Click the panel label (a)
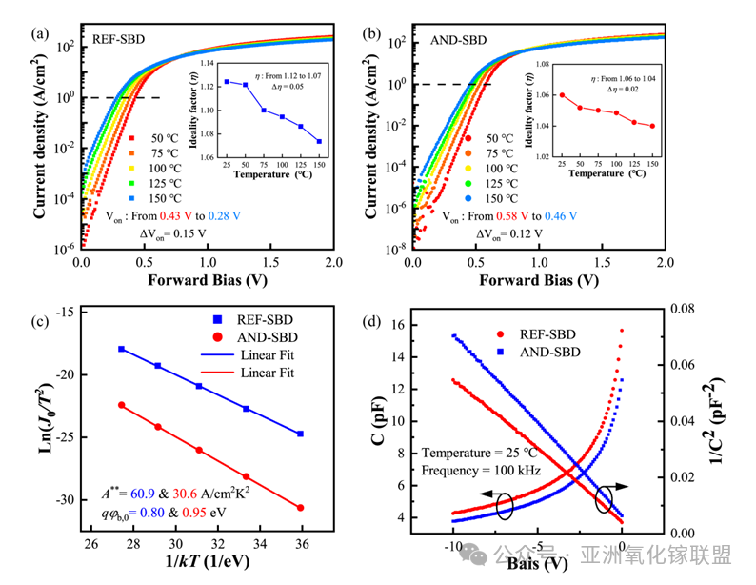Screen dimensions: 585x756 point(41,35)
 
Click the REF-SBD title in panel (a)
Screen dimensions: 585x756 point(120,40)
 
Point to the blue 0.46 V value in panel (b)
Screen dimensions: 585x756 point(572,217)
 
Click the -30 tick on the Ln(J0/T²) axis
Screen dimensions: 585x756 point(70,500)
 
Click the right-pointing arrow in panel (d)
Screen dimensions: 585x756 point(619,485)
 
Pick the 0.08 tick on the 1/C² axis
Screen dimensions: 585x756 point(683,309)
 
